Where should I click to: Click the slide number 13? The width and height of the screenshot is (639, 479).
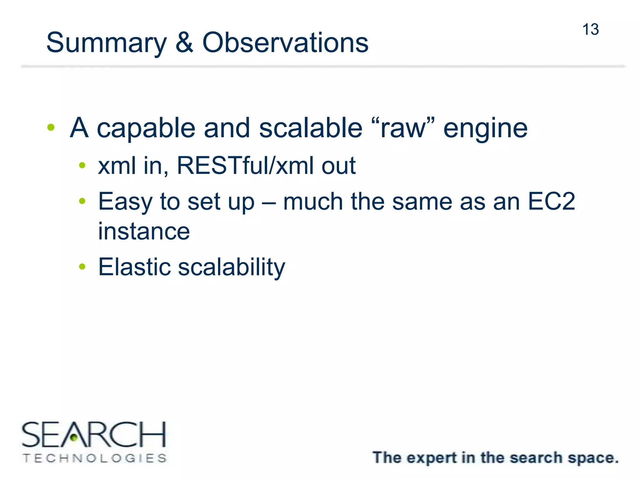click(590, 30)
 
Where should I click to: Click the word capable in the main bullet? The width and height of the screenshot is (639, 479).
click(146, 128)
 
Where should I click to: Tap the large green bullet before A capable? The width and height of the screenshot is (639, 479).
click(51, 127)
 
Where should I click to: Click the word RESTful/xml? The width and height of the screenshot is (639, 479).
click(245, 165)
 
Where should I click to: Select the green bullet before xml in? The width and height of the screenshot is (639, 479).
click(82, 165)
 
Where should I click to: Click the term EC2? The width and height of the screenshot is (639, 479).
click(551, 201)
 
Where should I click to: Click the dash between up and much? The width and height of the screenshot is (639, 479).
click(269, 202)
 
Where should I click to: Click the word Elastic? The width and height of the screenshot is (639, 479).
click(134, 267)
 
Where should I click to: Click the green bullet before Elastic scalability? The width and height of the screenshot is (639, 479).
click(82, 266)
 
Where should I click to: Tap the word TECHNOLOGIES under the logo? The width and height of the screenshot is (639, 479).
click(95, 458)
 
